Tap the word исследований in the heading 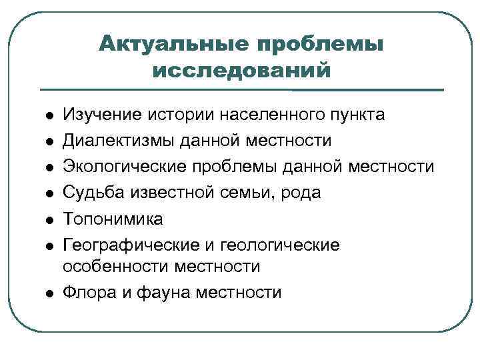click(x=241, y=70)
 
